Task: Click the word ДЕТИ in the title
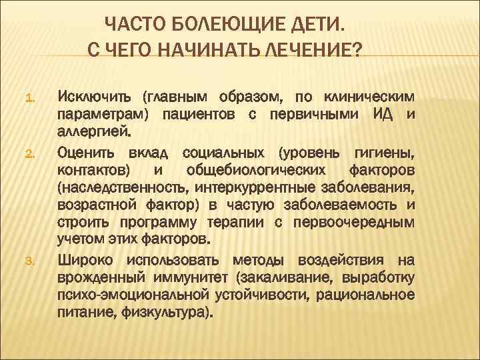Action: click(x=318, y=26)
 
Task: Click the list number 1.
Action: click(x=29, y=100)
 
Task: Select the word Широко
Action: click(x=86, y=259)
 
